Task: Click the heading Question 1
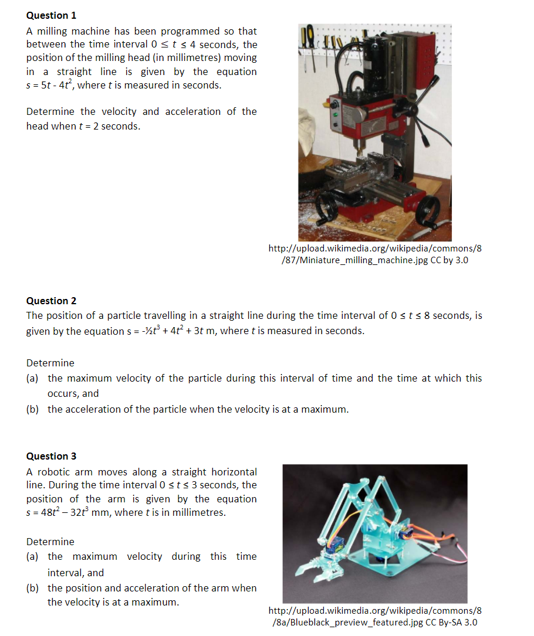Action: point(51,15)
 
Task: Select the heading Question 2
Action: point(51,301)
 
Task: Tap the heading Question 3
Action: point(51,456)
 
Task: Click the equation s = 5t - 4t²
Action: point(59,85)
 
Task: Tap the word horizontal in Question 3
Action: point(234,472)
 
